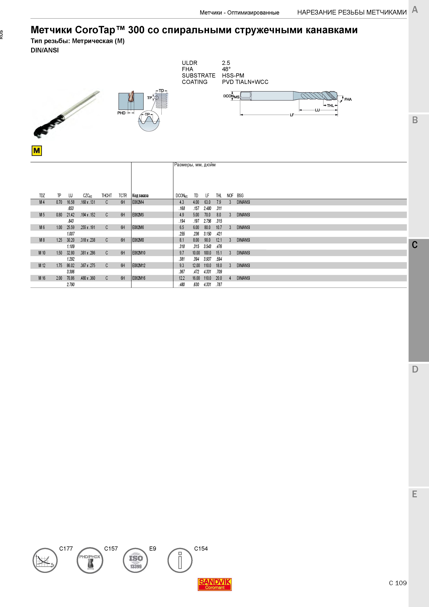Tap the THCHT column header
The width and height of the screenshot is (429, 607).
107,196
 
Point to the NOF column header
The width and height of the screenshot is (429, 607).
230,196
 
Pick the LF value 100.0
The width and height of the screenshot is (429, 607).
207,253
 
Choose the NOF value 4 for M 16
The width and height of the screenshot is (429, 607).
230,278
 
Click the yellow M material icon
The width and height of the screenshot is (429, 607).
37,151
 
